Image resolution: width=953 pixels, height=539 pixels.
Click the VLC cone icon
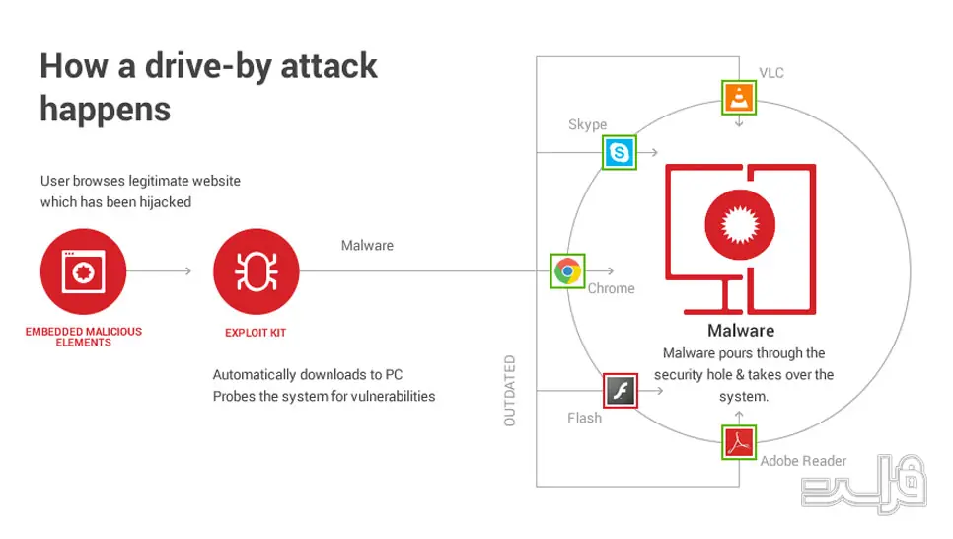739,98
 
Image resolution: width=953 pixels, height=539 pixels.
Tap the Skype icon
620,152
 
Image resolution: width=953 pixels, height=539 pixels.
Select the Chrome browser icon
567,270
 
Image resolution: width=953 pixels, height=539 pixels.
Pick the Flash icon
621,391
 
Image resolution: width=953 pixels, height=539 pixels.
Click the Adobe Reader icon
739,442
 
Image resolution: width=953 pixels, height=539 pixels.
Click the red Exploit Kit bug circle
256,271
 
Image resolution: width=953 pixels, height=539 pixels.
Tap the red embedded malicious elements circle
83,271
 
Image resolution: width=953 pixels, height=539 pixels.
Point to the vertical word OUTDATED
509,391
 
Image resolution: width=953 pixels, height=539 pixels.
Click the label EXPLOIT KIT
256,333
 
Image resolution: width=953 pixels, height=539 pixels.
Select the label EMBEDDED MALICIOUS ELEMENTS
83,337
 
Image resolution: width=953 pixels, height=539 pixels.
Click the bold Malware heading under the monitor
741,331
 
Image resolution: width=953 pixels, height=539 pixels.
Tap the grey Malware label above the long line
367,245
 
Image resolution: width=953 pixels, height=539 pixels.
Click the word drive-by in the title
207,66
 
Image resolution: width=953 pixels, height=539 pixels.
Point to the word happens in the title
106,111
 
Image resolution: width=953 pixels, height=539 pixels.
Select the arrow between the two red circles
159,270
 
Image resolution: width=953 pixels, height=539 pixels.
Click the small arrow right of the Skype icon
648,152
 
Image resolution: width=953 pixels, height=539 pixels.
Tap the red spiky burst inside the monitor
740,225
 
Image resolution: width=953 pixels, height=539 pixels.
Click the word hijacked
166,202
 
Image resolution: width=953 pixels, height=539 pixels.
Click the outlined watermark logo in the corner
863,484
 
